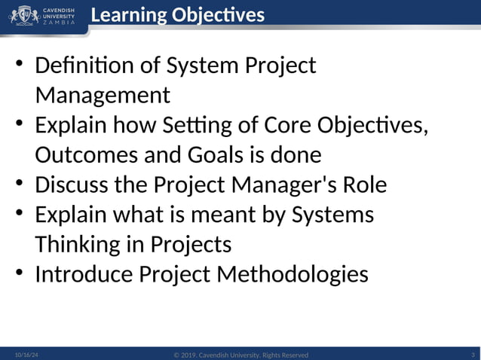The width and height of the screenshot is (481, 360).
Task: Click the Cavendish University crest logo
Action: [24, 15]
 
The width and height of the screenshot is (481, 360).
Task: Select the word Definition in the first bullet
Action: [81, 66]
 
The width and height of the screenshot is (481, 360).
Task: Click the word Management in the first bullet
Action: [103, 96]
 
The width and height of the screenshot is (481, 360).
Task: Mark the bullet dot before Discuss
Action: [20, 183]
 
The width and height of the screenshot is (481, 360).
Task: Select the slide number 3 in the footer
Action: [472, 354]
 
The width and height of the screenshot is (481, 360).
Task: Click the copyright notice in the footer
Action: [240, 355]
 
